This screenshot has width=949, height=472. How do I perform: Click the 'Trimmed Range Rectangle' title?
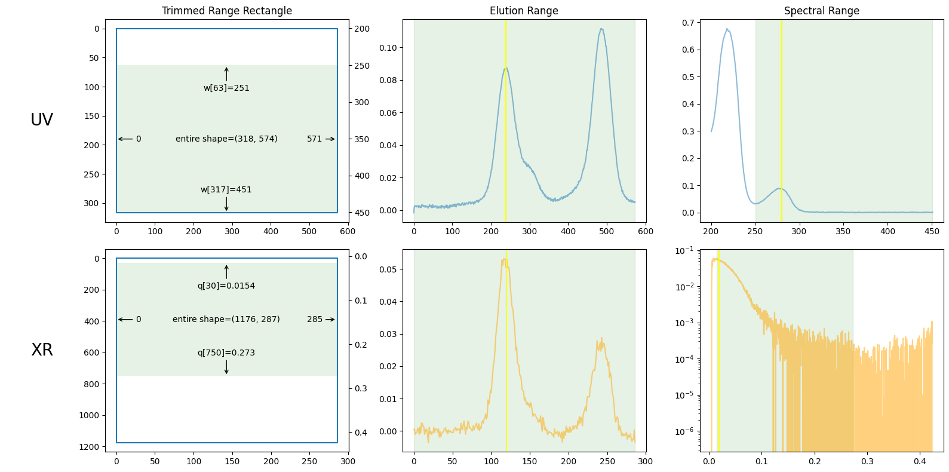(x=226, y=11)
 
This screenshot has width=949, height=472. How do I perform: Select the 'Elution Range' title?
(x=524, y=11)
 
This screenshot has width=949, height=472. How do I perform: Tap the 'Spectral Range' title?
(x=821, y=11)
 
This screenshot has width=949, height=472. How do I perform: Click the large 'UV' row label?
(x=42, y=120)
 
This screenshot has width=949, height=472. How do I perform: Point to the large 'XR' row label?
(x=42, y=350)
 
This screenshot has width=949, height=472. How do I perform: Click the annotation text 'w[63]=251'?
(x=226, y=88)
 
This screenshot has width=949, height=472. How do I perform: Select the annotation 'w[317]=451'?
(x=226, y=189)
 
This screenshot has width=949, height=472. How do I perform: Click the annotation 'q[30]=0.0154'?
(x=226, y=286)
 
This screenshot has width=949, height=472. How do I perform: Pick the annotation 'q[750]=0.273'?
(x=226, y=353)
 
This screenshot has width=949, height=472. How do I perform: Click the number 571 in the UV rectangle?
(x=314, y=139)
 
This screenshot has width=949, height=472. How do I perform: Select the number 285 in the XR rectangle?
(x=314, y=319)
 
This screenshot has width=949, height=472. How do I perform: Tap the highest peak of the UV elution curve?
(x=601, y=29)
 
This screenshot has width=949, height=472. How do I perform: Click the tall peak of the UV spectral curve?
(x=727, y=29)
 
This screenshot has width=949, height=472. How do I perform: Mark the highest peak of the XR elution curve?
(x=505, y=259)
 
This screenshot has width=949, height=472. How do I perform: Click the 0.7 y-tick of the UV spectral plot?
(x=688, y=23)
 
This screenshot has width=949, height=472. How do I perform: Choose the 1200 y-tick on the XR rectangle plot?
(x=89, y=447)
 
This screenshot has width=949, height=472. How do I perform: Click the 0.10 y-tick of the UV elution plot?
(x=388, y=48)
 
